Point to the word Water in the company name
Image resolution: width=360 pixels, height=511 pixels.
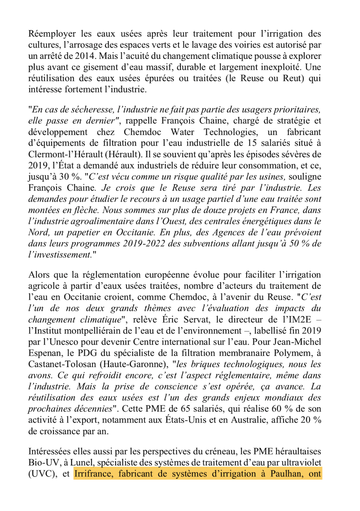click(182, 132)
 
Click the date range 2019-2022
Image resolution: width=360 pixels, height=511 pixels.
click(144, 243)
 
